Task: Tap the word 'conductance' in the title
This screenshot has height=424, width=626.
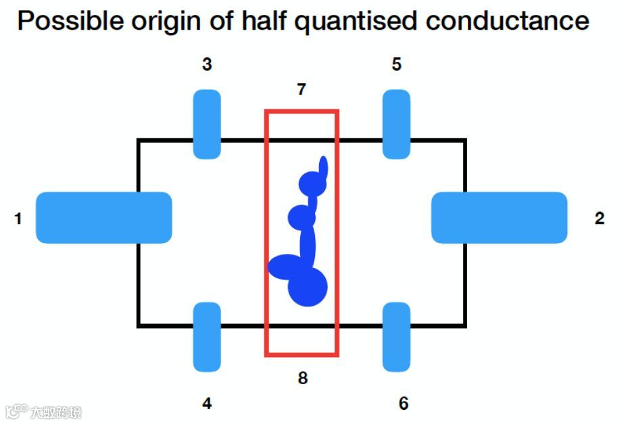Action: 508,21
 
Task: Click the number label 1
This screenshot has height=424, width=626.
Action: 18,218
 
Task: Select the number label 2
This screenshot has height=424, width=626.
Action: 599,218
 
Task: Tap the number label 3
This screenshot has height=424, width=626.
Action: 207,65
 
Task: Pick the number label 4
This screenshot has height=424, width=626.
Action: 207,404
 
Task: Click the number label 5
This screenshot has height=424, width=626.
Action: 396,65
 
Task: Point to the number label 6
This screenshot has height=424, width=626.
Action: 403,404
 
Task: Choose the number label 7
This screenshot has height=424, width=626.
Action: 302,89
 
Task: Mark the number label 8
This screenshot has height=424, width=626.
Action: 302,378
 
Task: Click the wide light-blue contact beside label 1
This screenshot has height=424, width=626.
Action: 103,217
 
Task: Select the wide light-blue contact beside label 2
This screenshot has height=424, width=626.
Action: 499,217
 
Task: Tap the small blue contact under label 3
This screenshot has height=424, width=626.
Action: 207,124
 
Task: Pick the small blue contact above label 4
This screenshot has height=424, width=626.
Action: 207,337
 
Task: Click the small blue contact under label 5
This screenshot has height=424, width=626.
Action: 396,124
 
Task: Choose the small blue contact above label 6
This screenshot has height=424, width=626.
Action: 396,337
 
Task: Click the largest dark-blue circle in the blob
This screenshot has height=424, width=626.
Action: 308,287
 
